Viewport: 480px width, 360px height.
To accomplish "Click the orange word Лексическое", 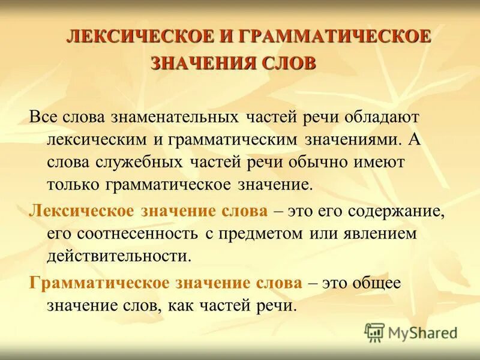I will tap(82, 211).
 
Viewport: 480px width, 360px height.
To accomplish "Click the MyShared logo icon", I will tap(375, 332).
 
